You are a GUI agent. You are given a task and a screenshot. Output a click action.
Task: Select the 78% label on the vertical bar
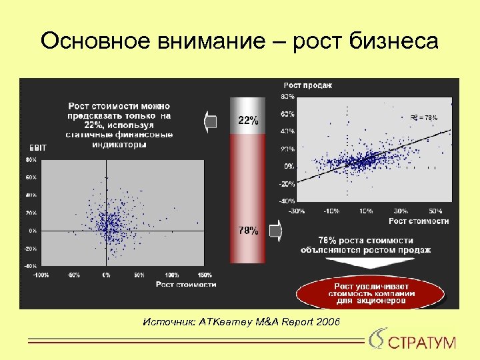coord(248,231)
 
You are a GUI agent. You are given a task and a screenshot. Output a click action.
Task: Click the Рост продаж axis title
coord(307,85)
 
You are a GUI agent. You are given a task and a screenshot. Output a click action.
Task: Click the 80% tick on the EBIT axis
coord(31,160)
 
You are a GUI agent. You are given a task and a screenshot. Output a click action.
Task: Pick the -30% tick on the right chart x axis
coord(296,211)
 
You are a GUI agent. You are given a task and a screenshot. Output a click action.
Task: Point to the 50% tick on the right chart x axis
coord(435,211)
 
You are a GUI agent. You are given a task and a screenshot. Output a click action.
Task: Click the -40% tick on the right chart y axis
coord(287,201)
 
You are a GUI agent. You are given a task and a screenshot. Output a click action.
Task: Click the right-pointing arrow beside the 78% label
coord(275,231)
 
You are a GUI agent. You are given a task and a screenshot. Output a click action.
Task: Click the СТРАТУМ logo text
coord(421,343)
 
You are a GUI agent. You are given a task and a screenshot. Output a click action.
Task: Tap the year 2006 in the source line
coord(327,323)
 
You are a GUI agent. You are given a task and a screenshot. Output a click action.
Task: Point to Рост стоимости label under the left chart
coord(186,285)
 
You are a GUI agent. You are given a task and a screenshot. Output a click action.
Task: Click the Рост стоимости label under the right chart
coord(419,221)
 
